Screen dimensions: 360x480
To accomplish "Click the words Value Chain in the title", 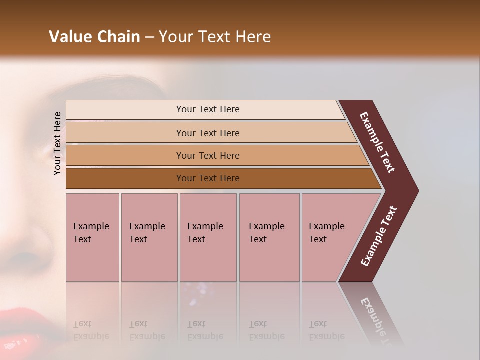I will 94,37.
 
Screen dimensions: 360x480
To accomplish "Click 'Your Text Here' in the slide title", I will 215,37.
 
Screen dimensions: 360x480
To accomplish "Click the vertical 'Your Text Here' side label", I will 57,143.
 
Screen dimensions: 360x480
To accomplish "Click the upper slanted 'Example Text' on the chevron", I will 377,142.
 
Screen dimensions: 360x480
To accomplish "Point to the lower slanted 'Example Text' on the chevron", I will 378,236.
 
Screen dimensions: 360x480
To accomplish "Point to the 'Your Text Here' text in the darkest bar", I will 208,178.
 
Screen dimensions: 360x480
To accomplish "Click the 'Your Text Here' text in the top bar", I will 208,109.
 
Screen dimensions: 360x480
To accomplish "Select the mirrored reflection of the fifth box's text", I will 326,331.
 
